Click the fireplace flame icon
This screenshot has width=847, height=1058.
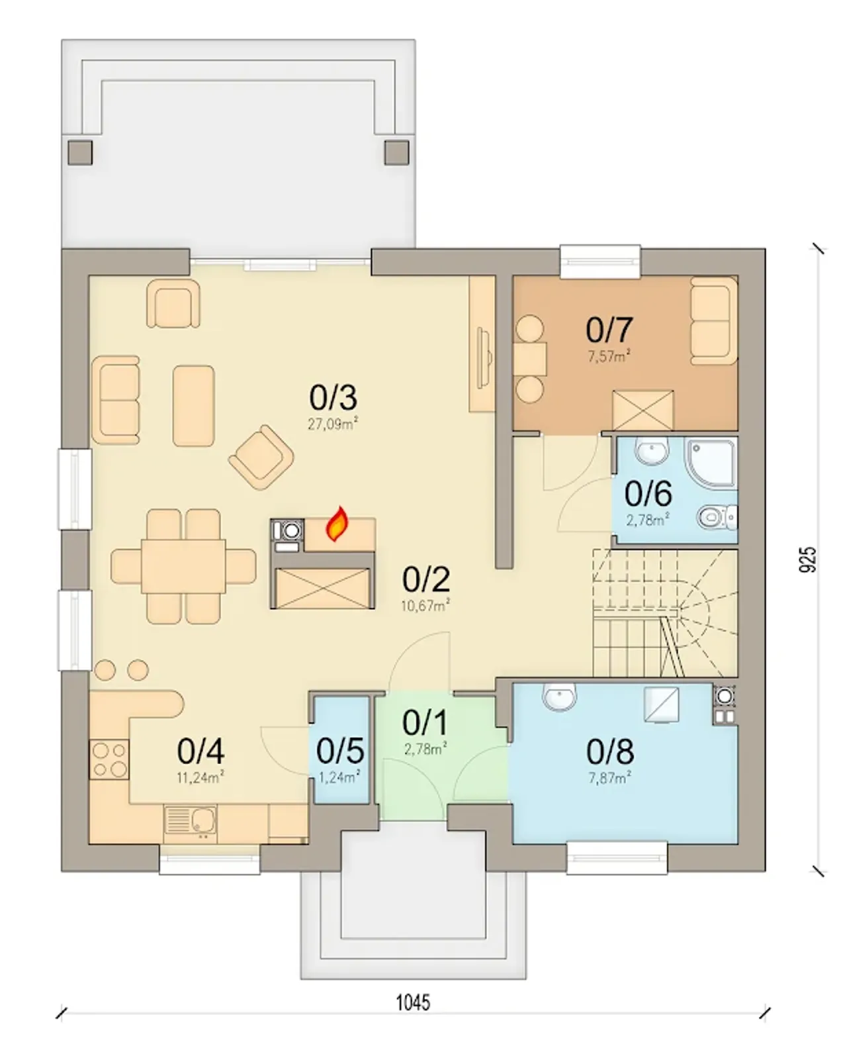click(337, 524)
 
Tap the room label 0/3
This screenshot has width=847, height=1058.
click(333, 397)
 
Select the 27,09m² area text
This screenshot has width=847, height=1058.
click(332, 423)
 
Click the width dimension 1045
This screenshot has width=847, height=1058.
click(413, 1002)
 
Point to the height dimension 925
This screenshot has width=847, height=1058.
click(807, 559)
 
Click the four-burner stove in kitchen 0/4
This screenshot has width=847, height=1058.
click(109, 759)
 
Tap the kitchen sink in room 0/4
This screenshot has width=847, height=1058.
click(190, 820)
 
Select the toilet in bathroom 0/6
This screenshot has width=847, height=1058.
click(717, 517)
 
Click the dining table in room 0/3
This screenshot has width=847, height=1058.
click(183, 566)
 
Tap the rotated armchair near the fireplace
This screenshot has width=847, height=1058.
click(261, 457)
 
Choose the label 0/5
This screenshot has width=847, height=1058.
click(340, 751)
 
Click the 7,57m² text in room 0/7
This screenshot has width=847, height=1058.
click(609, 356)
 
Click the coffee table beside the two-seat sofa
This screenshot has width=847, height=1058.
click(194, 406)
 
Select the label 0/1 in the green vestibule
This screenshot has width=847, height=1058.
click(425, 723)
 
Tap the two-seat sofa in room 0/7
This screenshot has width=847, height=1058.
click(714, 320)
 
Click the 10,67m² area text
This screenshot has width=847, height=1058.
click(425, 606)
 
